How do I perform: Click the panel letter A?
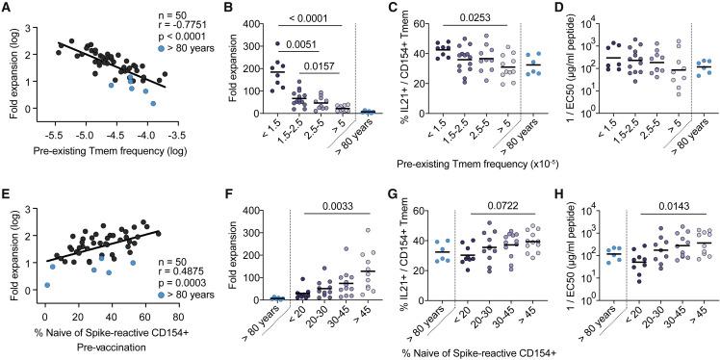[x=7, y=8]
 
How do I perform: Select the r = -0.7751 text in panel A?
[x=158, y=32]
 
